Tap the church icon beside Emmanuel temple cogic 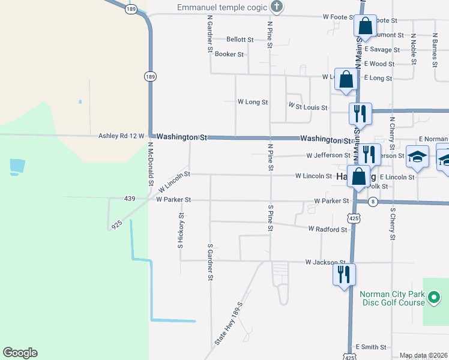coord(276,7)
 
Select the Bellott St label coord(240,40)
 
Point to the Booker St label coord(229,54)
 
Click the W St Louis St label coord(308,107)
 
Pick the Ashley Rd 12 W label coord(121,136)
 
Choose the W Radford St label coord(328,229)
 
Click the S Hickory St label coord(180,230)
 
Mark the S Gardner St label coord(210,262)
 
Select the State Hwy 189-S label coord(228,323)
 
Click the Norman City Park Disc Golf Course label coord(393,298)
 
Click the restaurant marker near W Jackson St coord(344,275)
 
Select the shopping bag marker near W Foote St coord(365,26)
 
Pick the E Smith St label coord(370,347)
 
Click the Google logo coord(20,353)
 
